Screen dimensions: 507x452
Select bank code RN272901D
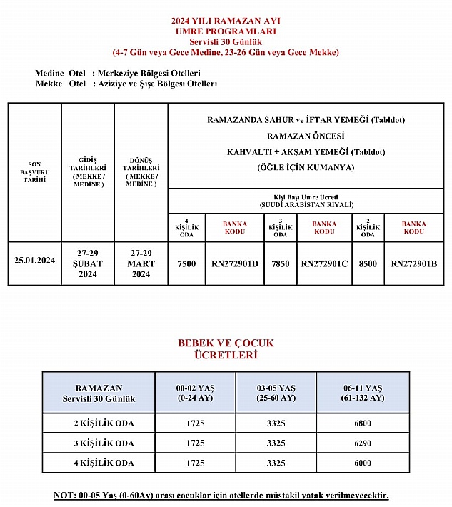pyautogui.click(x=234, y=263)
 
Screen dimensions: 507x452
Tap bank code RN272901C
pyautogui.click(x=324, y=263)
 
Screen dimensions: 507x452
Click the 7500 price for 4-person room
pyautogui.click(x=186, y=263)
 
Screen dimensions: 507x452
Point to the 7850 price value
pyautogui.click(x=281, y=263)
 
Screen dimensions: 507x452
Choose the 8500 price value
pyautogui.click(x=368, y=263)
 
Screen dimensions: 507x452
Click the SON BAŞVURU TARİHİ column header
pyautogui.click(x=34, y=172)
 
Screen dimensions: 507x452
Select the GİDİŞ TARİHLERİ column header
pyautogui.click(x=88, y=172)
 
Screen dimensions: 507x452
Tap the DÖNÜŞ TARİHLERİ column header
pyautogui.click(x=141, y=172)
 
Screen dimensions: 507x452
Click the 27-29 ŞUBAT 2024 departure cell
pyautogui.click(x=88, y=263)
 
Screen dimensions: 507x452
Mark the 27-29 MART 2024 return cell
pyautogui.click(x=141, y=263)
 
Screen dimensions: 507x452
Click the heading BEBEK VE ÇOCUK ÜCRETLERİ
pyautogui.click(x=226, y=348)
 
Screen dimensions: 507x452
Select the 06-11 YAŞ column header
pyautogui.click(x=363, y=392)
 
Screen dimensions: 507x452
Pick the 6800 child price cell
pyautogui.click(x=363, y=423)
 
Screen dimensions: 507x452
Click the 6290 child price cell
pyautogui.click(x=363, y=443)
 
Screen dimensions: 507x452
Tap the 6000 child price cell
pyautogui.click(x=363, y=463)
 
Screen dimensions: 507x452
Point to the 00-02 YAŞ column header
pyautogui.click(x=196, y=392)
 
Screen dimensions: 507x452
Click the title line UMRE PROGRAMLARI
pyautogui.click(x=226, y=31)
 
